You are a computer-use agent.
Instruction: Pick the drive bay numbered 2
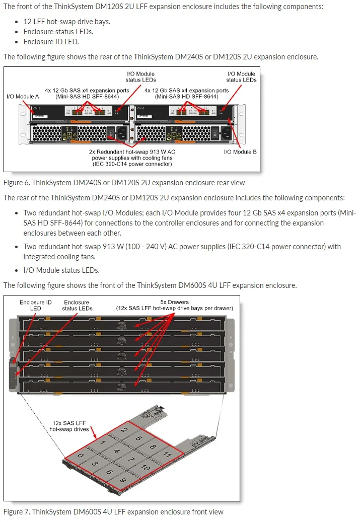coord(124,430)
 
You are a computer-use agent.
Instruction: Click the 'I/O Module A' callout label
coord(23,96)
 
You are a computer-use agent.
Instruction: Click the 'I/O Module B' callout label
coord(241,152)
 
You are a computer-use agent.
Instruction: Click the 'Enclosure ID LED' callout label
coord(36,305)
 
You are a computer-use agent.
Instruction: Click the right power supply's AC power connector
coord(225,134)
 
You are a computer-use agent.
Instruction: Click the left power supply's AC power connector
coord(123,134)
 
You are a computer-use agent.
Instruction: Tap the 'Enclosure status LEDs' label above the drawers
coord(77,305)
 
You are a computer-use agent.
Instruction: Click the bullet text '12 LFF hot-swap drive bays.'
coord(66,22)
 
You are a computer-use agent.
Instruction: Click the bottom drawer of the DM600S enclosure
coord(121,387)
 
